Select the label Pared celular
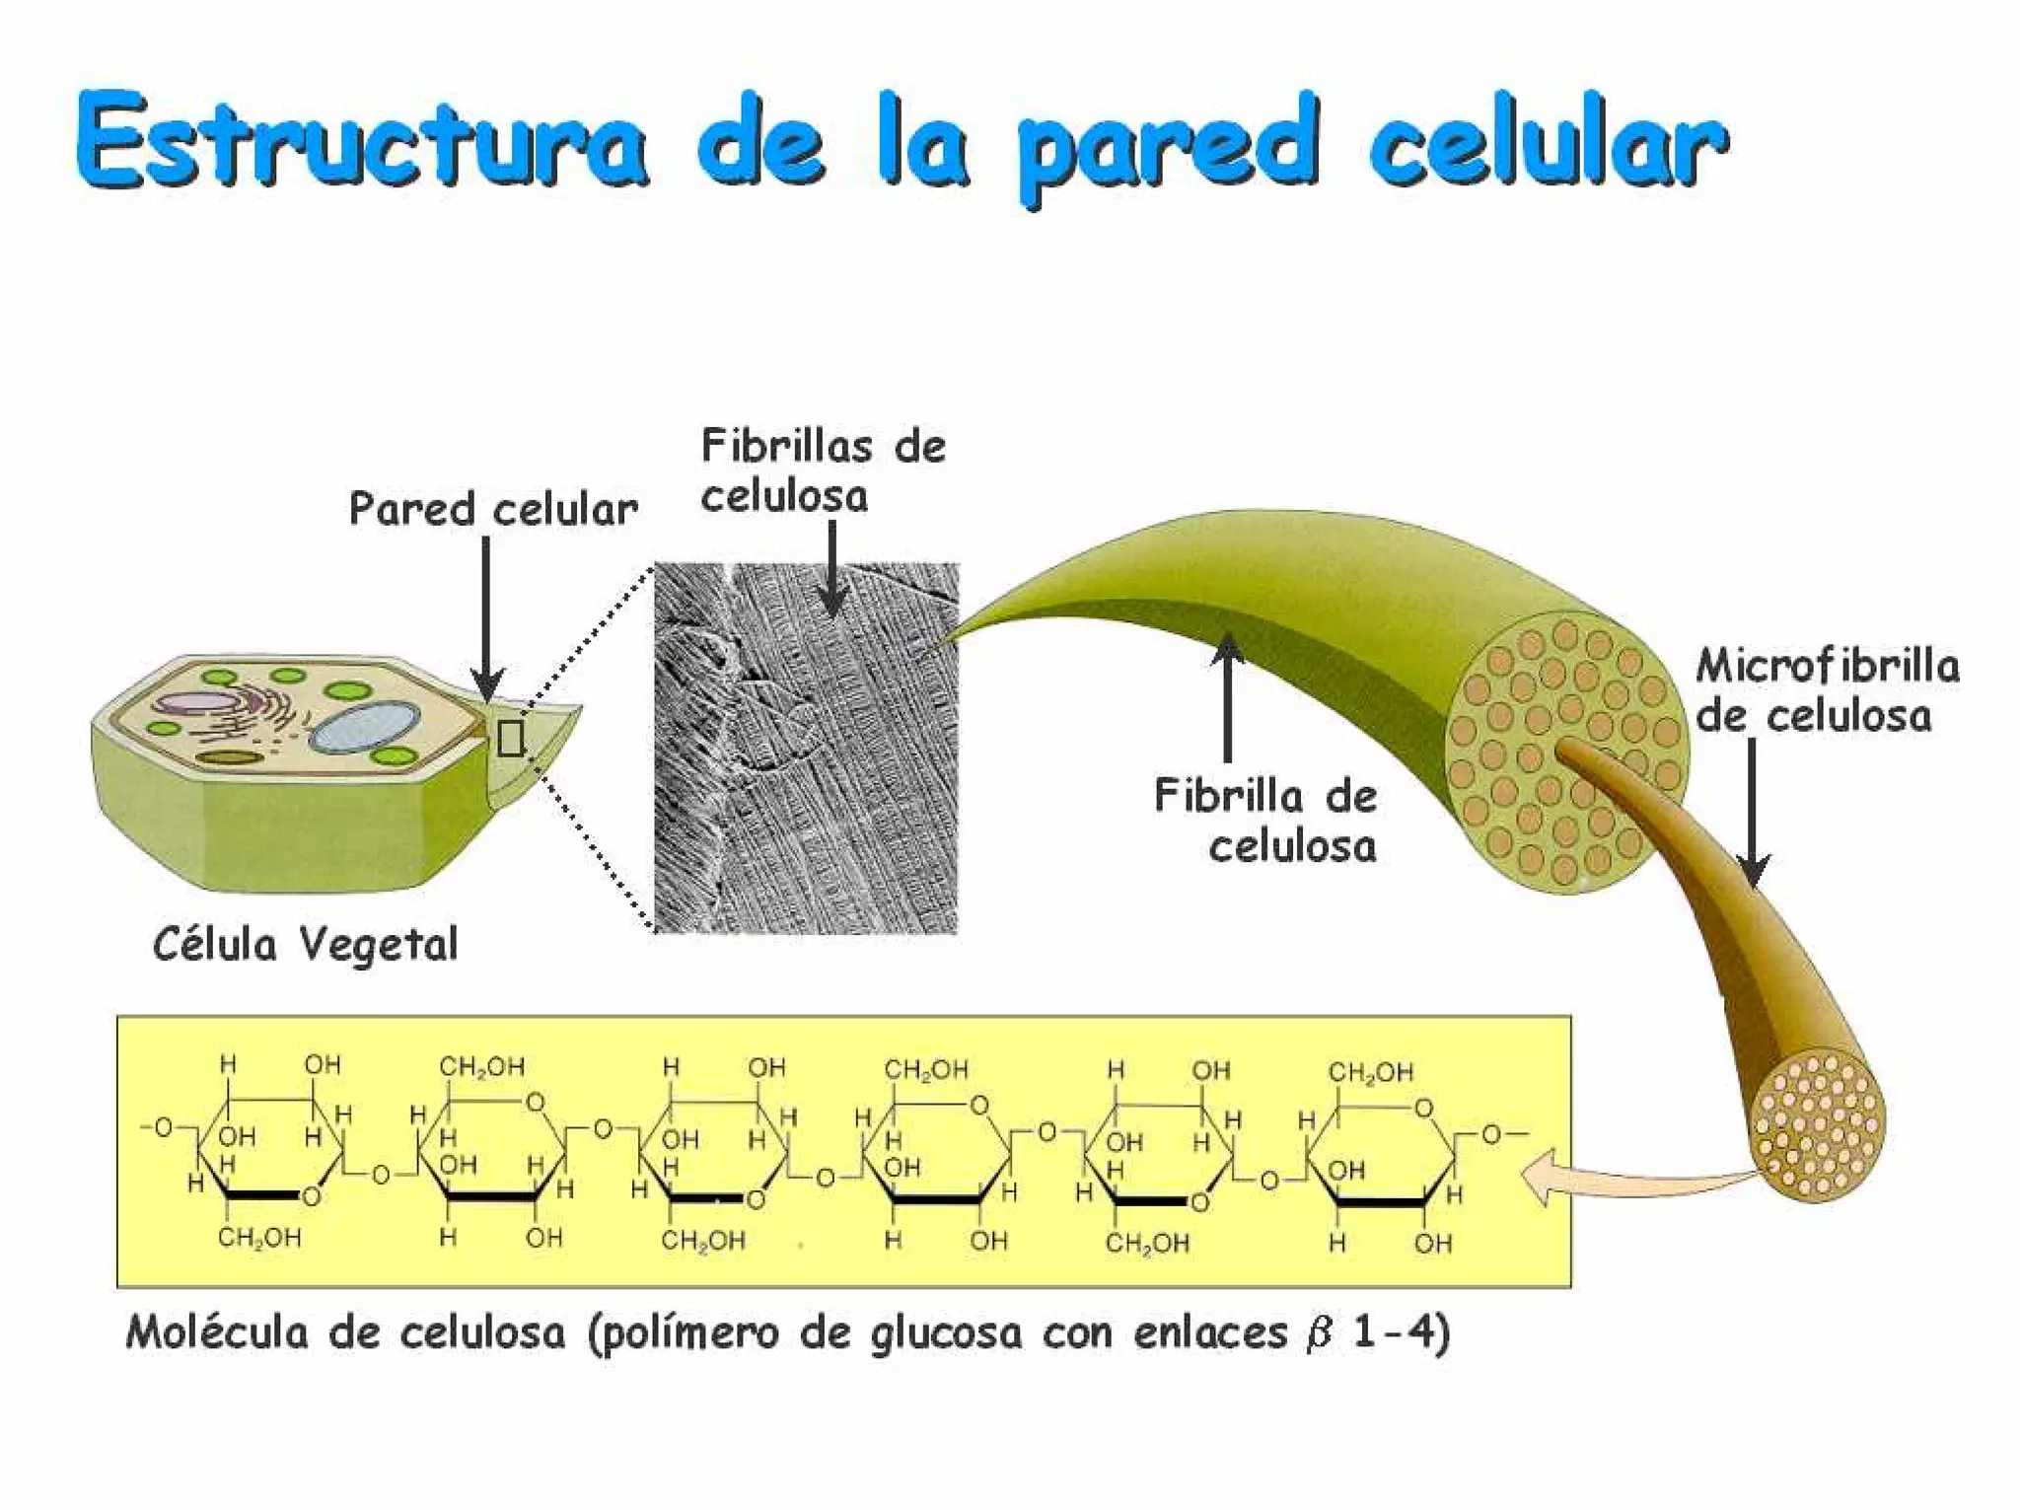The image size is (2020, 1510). click(493, 510)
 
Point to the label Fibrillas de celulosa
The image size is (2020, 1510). click(822, 470)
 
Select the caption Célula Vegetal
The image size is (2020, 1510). click(306, 944)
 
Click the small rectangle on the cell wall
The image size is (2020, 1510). click(510, 738)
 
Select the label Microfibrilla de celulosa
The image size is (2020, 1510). click(1827, 690)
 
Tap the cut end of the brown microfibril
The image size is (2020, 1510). click(1819, 1125)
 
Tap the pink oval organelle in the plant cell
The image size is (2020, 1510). click(193, 702)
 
